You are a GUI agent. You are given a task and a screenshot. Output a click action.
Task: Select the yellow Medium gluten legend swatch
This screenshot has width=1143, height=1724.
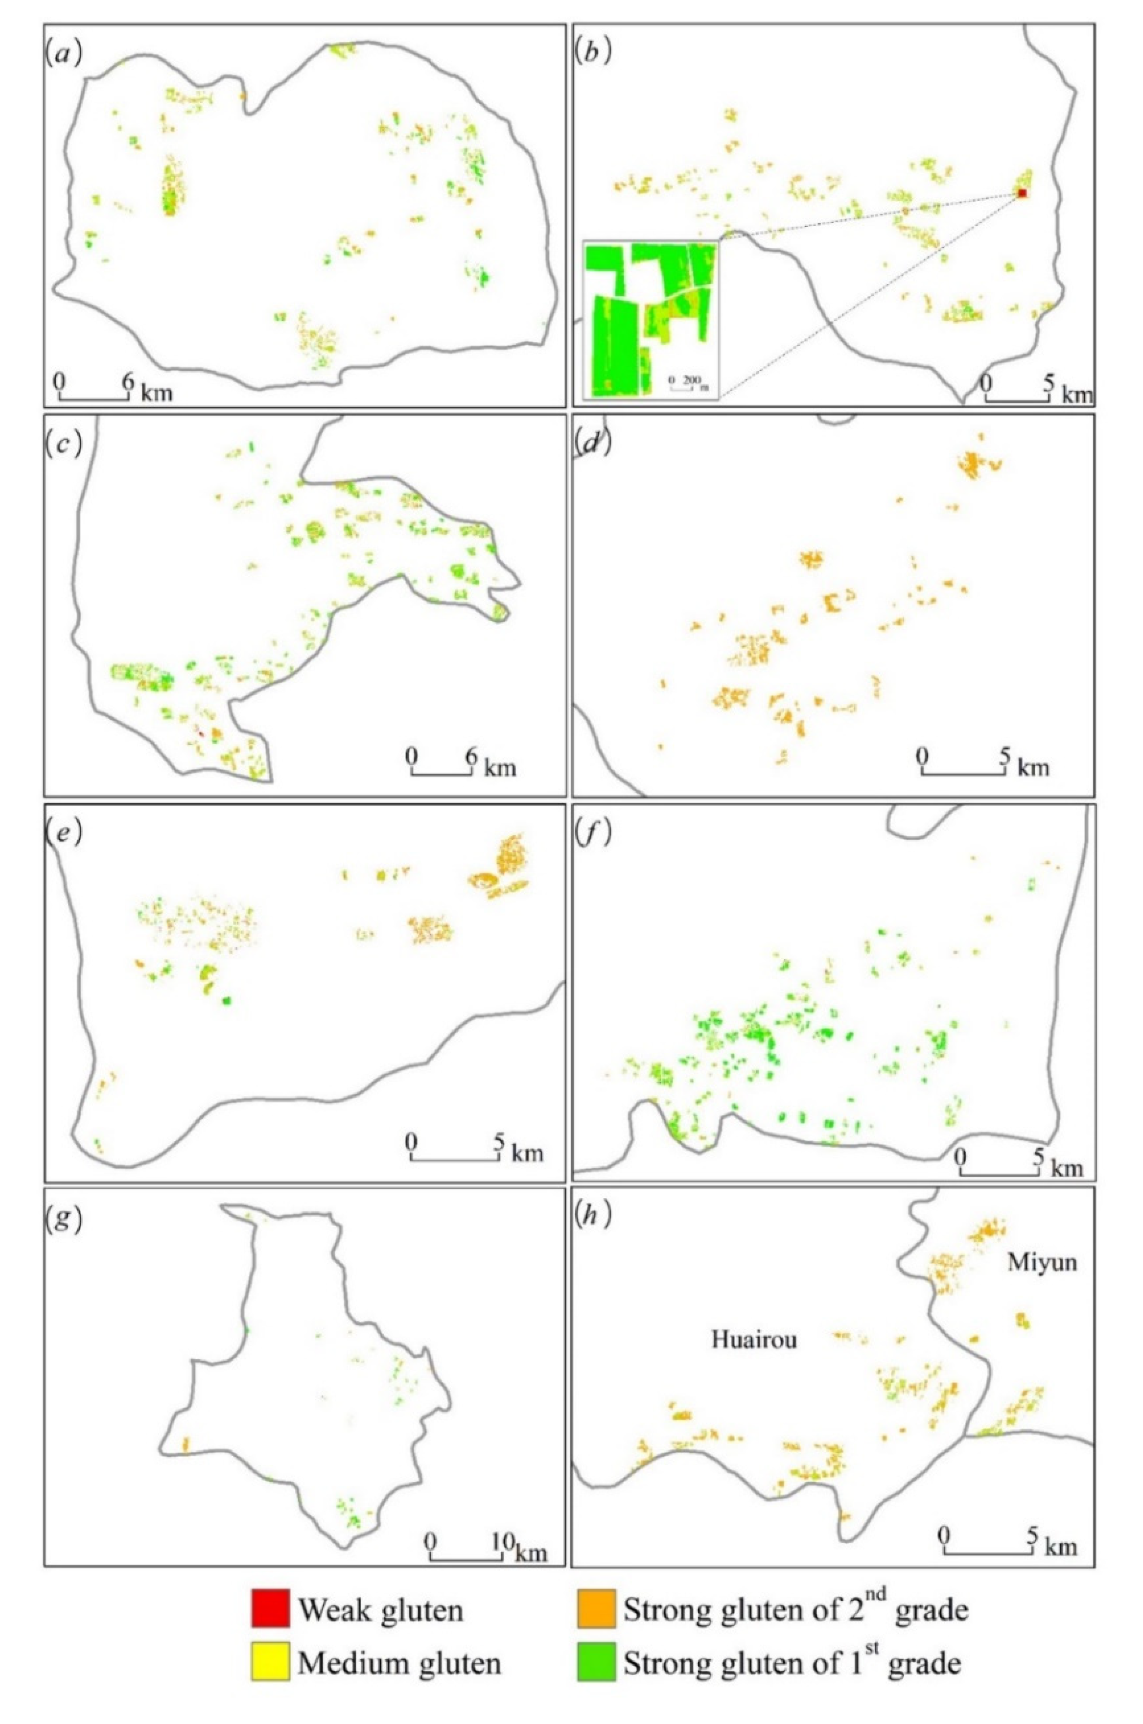pyautogui.click(x=270, y=1676)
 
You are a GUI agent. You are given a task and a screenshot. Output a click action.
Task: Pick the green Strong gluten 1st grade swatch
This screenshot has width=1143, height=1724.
pyautogui.click(x=596, y=1676)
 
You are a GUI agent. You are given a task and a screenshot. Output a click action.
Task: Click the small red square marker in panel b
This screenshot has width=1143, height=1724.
pyautogui.click(x=1022, y=193)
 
